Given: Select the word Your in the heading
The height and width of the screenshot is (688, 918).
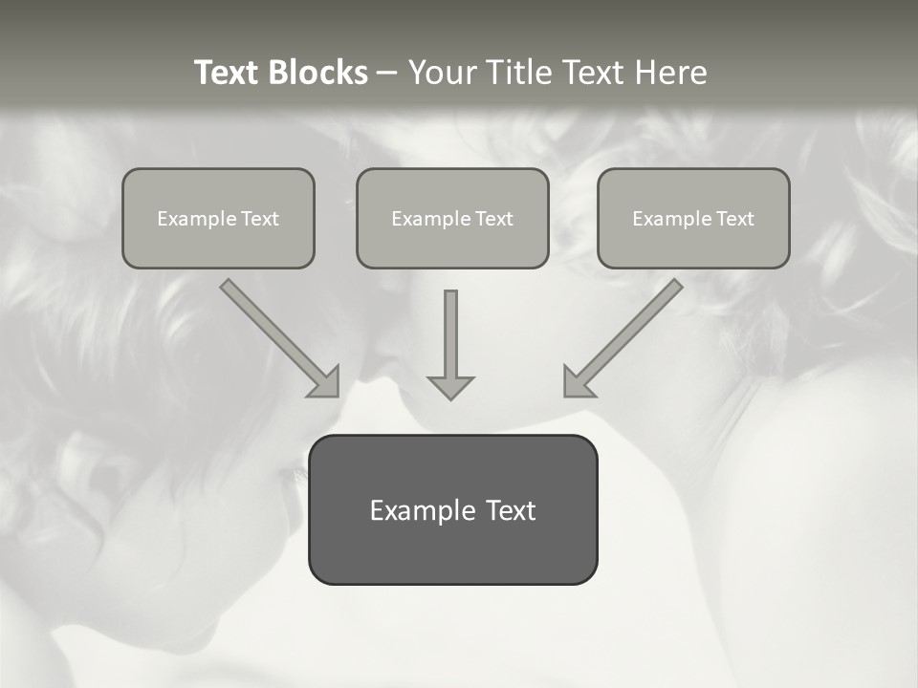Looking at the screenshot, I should pos(439,73).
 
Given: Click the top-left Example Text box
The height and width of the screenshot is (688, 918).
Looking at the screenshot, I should pos(218,218).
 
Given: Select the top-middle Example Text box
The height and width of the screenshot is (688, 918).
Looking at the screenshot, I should pos(452,218).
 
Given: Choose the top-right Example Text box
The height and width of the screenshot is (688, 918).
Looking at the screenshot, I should pos(693,218).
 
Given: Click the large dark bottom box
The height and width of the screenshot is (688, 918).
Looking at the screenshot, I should pos(452,509).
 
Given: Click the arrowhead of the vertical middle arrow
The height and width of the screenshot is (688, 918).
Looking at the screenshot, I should pos(451,387).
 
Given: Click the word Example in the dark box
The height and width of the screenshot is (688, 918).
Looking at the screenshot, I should pos(423,510).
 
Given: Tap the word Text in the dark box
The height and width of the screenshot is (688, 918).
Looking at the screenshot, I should pos(510,510).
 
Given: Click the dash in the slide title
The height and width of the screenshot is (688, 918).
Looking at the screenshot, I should pos(387,74).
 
